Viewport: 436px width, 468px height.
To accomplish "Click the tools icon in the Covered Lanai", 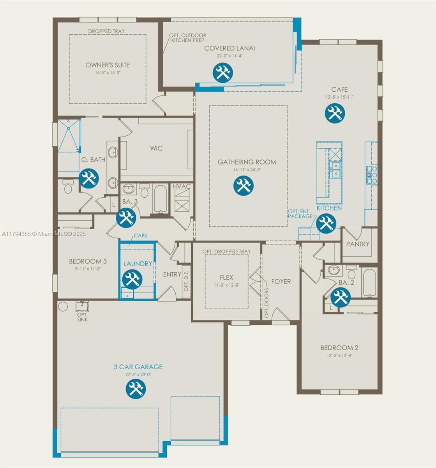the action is pos(222,73).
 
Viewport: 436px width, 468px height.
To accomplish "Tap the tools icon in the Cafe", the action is pos(335,113).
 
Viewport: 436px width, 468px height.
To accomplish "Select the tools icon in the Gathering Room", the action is pos(243,186).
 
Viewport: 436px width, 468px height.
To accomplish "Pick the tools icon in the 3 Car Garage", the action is pos(136,389).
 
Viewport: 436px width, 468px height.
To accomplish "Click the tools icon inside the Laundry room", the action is pos(132,279).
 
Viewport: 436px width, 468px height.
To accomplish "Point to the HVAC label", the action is pos(181,186).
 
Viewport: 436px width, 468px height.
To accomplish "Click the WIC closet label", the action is pos(156,148).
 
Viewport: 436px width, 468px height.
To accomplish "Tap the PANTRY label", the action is pos(358,244).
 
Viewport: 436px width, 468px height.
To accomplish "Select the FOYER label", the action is pos(281,282).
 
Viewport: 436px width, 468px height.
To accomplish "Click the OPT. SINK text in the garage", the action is pos(82,317).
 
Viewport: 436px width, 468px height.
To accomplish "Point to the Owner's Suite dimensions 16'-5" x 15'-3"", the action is pos(108,73).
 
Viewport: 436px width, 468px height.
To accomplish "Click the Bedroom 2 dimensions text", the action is pos(339,355).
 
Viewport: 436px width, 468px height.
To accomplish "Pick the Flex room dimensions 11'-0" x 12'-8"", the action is pos(227,285).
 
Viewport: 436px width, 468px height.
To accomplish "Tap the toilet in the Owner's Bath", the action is pos(68,186).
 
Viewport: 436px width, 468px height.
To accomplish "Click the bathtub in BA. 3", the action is pos(161,199).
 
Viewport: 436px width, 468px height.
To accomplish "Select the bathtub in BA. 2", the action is pos(370,282).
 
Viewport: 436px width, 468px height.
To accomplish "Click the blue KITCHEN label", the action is pos(329,208).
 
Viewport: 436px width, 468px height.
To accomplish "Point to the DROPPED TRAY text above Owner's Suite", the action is pos(106,31).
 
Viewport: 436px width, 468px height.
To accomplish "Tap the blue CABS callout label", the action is pos(140,236).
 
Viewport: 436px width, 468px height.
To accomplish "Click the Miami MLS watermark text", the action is pos(44,234).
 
